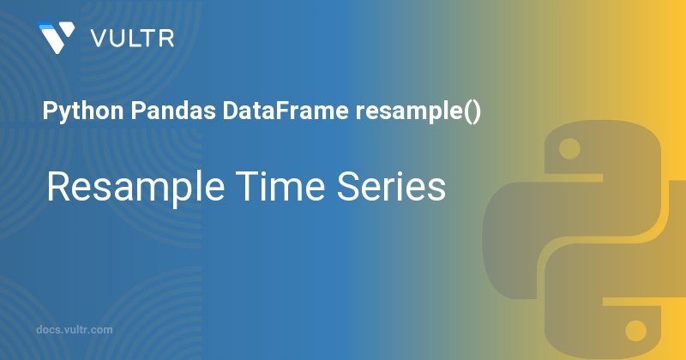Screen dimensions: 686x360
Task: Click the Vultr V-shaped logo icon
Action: coord(57,38)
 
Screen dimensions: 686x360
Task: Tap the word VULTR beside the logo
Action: coord(133,39)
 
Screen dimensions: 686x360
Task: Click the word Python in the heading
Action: coord(83,111)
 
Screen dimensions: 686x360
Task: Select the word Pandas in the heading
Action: coord(173,111)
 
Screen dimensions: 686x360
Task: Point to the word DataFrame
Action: coord(286,111)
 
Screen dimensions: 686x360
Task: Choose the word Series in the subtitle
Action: coord(391,186)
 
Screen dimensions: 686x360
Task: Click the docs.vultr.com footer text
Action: coord(75,330)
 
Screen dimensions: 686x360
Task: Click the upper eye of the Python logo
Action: coord(569,149)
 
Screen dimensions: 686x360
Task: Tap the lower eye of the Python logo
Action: coord(635,330)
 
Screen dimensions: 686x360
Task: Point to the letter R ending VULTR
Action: coord(167,39)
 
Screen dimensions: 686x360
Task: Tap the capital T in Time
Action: coord(248,186)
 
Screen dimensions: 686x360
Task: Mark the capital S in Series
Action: coord(348,186)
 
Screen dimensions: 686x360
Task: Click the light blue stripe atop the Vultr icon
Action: coord(48,26)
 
